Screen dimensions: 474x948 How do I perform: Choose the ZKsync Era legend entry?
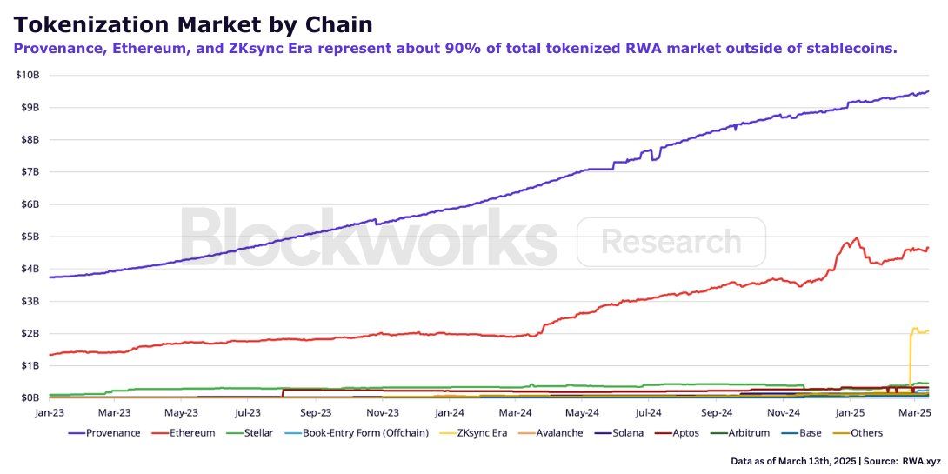click(x=483, y=433)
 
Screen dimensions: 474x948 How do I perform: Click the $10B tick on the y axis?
click(x=26, y=75)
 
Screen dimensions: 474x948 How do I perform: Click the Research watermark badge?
click(x=671, y=242)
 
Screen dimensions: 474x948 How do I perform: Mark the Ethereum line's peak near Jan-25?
click(x=858, y=237)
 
